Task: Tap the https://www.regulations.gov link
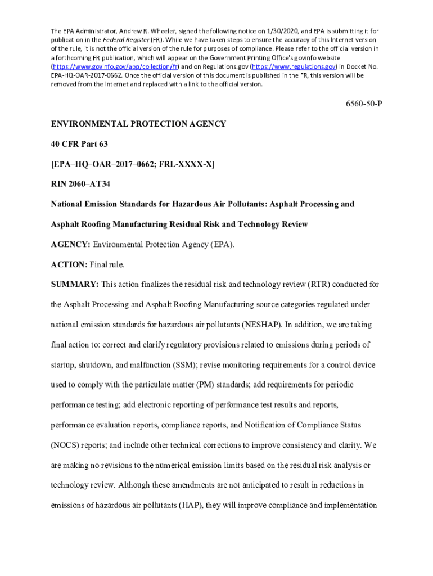[x=293, y=66]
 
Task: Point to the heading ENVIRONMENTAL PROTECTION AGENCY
[x=138, y=123]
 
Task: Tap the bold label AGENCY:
[x=70, y=244]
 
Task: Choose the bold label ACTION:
[x=69, y=264]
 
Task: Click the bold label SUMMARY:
[x=75, y=285]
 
